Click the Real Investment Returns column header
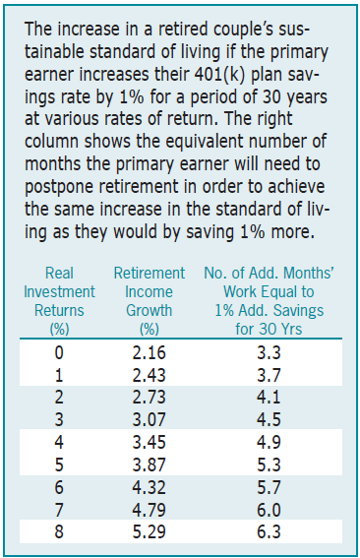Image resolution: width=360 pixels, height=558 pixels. (x=59, y=301)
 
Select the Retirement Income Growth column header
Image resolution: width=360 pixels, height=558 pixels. (x=150, y=301)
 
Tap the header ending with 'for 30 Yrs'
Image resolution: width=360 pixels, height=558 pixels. (x=269, y=301)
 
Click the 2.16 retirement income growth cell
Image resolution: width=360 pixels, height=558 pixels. (x=150, y=352)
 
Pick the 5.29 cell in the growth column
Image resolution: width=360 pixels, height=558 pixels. (x=150, y=532)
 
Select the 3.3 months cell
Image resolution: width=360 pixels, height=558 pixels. (x=269, y=352)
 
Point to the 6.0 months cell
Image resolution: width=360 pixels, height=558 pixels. (x=269, y=510)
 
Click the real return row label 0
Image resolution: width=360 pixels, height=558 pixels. (x=59, y=352)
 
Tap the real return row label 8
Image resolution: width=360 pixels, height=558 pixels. (x=59, y=532)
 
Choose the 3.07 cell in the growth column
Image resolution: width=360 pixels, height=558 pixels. (x=150, y=420)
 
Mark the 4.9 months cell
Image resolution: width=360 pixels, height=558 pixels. (x=269, y=442)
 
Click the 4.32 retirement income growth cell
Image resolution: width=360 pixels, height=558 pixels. (x=150, y=487)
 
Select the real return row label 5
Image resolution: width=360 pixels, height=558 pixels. (x=59, y=465)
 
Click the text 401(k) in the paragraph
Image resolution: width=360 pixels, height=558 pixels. (x=220, y=75)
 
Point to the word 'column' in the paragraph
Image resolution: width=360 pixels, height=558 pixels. (x=51, y=142)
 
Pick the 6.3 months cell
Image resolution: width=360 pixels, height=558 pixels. (x=269, y=532)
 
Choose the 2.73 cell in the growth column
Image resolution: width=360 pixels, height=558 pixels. (x=150, y=398)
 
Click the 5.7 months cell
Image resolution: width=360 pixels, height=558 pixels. (x=269, y=487)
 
